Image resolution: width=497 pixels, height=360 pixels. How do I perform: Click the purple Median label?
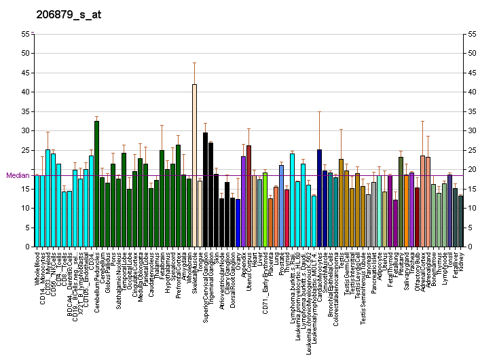point(18,175)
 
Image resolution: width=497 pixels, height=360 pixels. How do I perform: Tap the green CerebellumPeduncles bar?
point(96,184)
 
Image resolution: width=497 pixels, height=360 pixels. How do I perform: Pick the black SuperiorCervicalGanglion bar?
point(205,190)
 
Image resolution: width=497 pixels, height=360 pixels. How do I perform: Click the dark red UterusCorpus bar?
point(248,196)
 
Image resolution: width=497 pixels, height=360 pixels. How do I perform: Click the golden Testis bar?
point(341,203)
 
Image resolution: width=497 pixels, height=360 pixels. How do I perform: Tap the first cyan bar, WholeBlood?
point(37,211)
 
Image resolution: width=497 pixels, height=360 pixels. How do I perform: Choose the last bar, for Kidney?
point(460,221)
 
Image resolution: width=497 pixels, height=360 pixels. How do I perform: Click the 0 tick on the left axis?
point(29,247)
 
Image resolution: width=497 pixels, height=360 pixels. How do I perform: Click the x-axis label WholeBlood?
point(37,268)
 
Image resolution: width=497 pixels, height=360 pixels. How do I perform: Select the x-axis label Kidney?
point(461,261)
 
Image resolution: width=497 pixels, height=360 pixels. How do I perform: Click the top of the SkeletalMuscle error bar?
point(194,62)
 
